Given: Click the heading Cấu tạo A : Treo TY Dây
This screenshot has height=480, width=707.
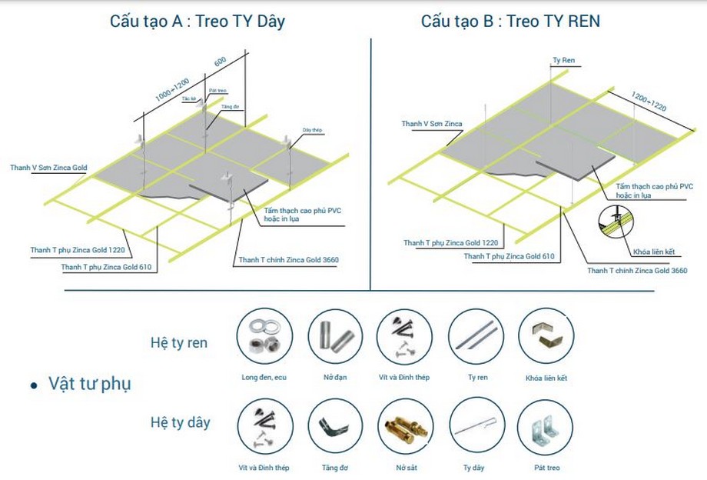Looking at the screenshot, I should pyautogui.click(x=197, y=21).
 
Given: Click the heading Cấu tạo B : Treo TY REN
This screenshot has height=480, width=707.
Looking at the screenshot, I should pyautogui.click(x=510, y=21).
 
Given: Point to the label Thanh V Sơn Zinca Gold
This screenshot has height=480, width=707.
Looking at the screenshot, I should pyautogui.click(x=49, y=167).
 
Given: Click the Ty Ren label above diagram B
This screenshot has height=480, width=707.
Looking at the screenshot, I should pyautogui.click(x=563, y=59).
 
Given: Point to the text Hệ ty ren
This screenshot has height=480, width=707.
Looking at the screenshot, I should pyautogui.click(x=178, y=343).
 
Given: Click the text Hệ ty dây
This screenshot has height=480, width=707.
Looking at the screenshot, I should pyautogui.click(x=180, y=422).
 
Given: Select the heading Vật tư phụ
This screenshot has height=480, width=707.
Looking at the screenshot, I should pyautogui.click(x=89, y=383).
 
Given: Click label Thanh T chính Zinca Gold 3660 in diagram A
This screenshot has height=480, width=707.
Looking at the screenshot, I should pyautogui.click(x=289, y=260).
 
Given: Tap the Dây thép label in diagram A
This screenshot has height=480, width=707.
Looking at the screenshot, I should pyautogui.click(x=311, y=130).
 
